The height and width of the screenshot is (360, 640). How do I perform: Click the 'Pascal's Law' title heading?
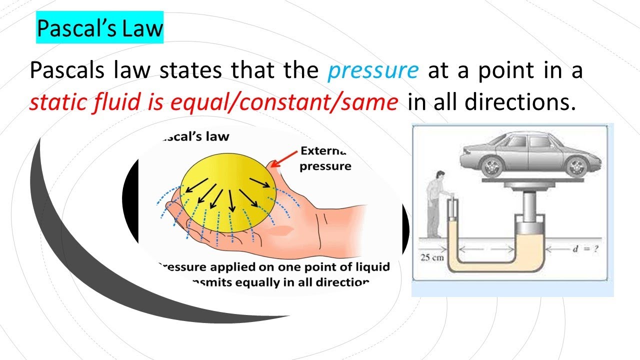99,29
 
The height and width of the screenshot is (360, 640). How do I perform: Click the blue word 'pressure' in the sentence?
373,71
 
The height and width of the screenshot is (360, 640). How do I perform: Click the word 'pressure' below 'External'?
325,166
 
